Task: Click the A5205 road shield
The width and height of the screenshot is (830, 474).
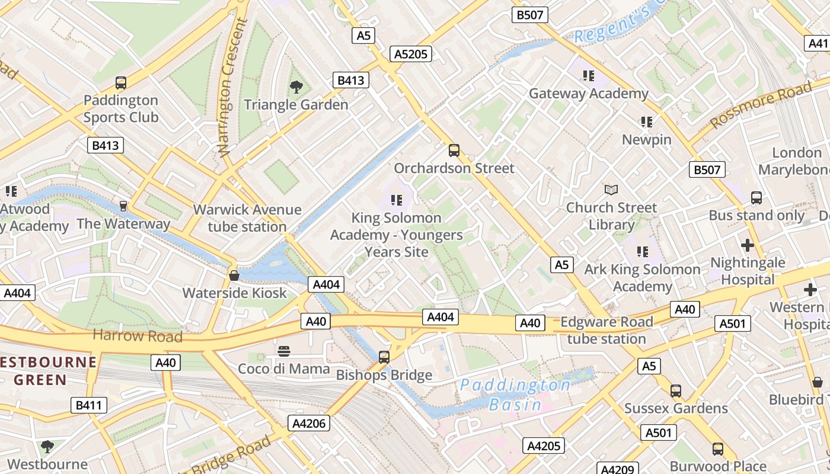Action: (x=411, y=55)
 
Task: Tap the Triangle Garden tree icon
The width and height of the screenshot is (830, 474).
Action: (x=296, y=88)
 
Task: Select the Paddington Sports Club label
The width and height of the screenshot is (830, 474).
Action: (x=121, y=108)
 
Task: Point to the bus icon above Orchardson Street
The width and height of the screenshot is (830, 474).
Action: (x=454, y=150)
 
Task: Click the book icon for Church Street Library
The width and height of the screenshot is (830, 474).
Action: (x=611, y=190)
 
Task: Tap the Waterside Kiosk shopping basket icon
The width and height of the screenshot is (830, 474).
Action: (x=234, y=276)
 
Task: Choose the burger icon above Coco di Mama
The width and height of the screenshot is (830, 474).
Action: (x=284, y=351)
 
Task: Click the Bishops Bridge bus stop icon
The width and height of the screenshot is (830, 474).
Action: (x=384, y=357)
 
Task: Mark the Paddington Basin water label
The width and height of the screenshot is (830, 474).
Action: (x=515, y=395)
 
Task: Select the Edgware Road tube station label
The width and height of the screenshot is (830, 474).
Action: (x=606, y=331)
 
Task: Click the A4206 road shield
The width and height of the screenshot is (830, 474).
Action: (x=308, y=423)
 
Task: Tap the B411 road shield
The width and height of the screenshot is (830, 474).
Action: (x=89, y=405)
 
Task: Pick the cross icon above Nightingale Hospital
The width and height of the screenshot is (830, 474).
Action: (x=748, y=245)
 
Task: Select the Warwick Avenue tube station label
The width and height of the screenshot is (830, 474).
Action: (x=247, y=218)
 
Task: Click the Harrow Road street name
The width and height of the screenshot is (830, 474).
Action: (x=138, y=336)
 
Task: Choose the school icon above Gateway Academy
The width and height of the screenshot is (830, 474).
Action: (x=588, y=76)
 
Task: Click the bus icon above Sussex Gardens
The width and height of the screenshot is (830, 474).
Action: (x=676, y=391)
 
